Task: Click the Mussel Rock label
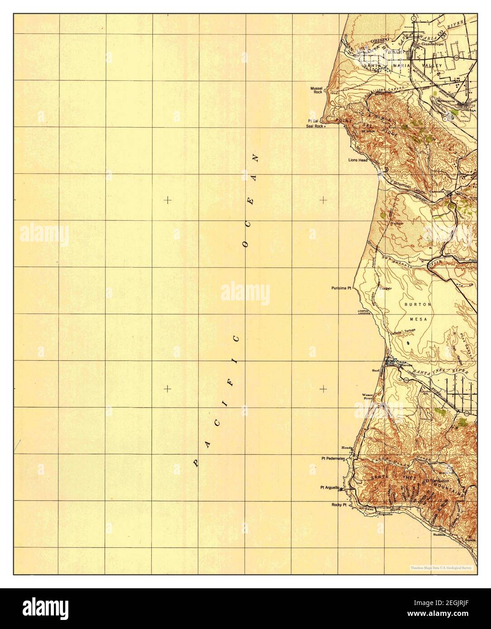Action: pos(316,90)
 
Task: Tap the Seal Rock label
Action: pos(315,126)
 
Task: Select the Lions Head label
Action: pos(357,160)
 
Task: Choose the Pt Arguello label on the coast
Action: pos(330,487)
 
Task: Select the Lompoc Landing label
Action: pos(364,312)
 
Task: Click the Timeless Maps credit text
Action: pos(441,567)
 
